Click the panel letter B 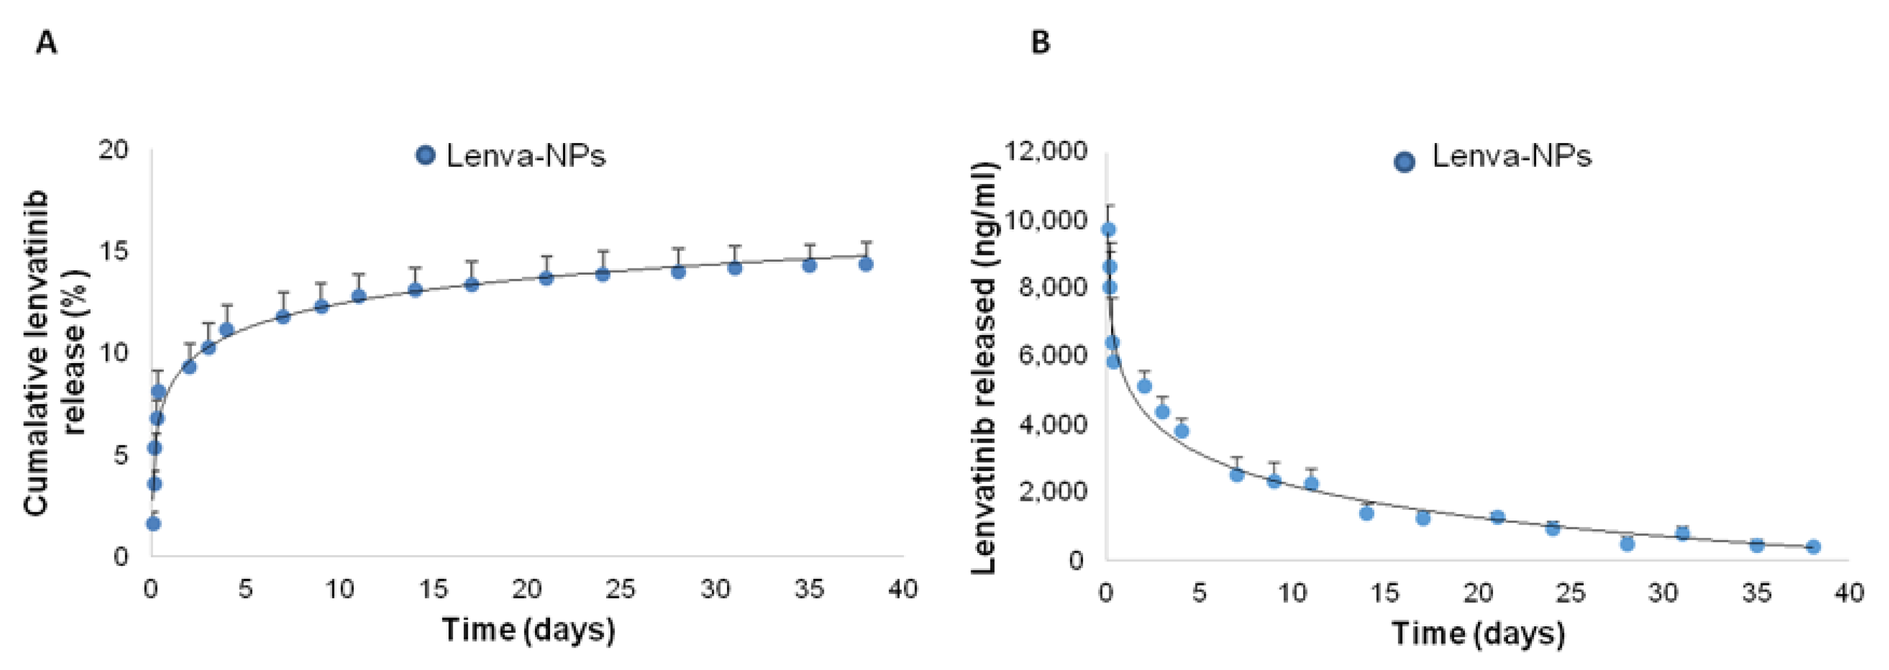[1040, 43]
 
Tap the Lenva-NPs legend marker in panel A [425, 156]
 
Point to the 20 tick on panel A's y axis [113, 150]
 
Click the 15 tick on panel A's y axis [113, 251]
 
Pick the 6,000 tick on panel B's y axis [1052, 355]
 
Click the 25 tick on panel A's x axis [620, 589]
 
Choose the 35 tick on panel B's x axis [1756, 592]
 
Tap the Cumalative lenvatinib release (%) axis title [52, 352]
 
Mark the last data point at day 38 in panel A [865, 264]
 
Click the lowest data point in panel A [154, 523]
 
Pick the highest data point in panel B [1109, 229]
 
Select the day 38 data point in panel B [1813, 547]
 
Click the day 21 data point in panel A [545, 278]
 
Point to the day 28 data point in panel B [1627, 543]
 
